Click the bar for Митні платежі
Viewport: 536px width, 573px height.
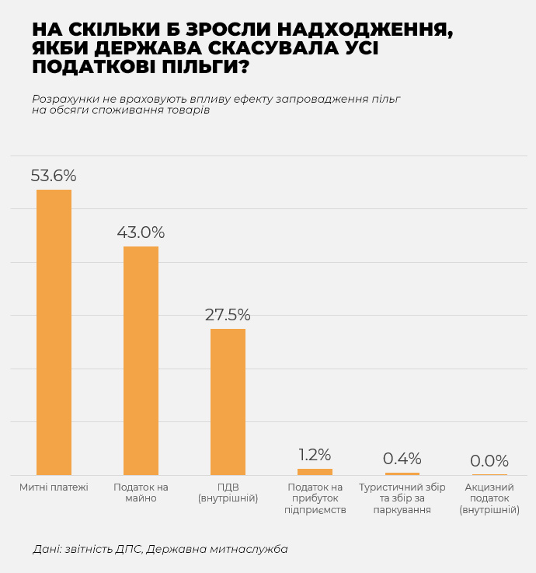(x=54, y=332)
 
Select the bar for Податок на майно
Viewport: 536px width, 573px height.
(x=141, y=361)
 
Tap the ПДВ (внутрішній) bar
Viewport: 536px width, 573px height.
(x=228, y=402)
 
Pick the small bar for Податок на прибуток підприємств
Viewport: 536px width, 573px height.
(x=315, y=472)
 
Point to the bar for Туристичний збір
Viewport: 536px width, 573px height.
(x=402, y=473)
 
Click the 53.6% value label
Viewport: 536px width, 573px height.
(x=54, y=176)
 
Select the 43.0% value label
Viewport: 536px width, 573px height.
(x=141, y=232)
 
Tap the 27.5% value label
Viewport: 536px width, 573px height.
(x=228, y=315)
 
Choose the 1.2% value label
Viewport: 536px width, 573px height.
(x=315, y=455)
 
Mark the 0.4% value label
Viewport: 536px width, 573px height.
(x=402, y=459)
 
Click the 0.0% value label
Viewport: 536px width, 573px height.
(x=489, y=461)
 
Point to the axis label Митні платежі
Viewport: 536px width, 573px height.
(x=54, y=487)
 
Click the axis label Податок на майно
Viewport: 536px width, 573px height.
(x=141, y=493)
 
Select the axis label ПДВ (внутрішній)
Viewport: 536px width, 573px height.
(x=228, y=493)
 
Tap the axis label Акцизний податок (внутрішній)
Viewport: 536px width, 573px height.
(x=489, y=498)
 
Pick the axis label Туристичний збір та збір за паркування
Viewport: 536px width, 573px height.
(x=402, y=498)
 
